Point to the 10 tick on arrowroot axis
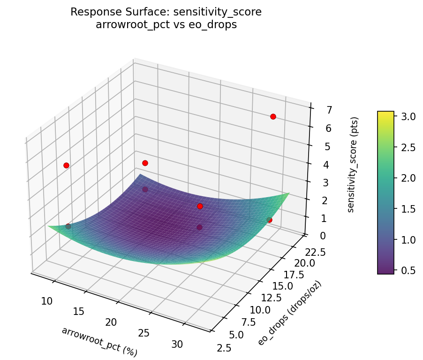[x=47, y=301]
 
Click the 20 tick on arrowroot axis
[x=112, y=322]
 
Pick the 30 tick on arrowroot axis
[x=177, y=344]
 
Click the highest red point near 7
[x=273, y=116]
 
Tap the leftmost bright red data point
[x=66, y=165]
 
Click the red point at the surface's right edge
[x=269, y=220]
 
